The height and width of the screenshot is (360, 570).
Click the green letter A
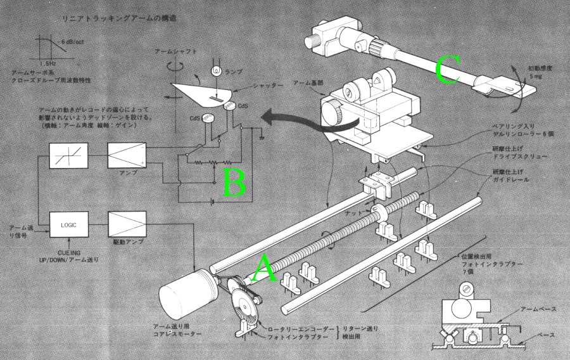tap(264, 269)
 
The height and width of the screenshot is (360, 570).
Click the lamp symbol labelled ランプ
tap(215, 70)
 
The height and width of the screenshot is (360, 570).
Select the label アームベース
tap(538, 309)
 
